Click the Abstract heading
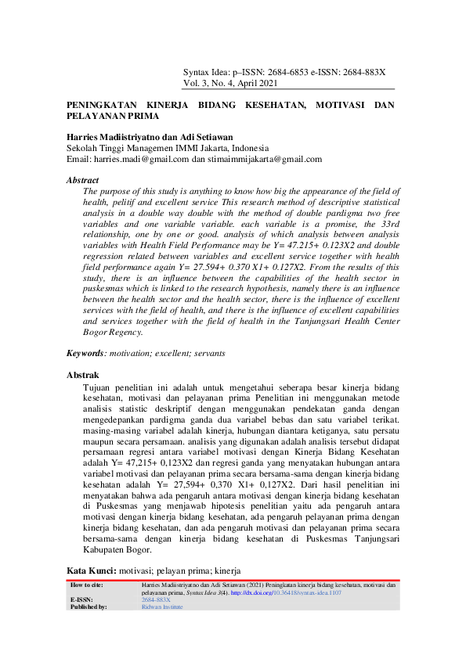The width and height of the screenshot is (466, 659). point(82,180)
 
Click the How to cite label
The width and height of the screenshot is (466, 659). point(86,585)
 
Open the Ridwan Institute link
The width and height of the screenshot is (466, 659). point(162,607)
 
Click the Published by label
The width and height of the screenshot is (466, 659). point(89,607)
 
